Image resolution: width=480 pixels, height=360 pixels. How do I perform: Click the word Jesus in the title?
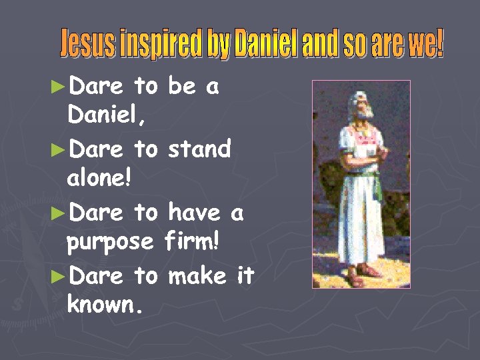(83, 45)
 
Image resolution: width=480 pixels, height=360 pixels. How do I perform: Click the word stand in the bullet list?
(199, 149)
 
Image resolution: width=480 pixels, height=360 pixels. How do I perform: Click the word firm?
(193, 243)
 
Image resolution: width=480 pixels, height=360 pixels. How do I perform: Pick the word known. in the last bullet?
(104, 307)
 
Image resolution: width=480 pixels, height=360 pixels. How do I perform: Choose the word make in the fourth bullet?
(197, 275)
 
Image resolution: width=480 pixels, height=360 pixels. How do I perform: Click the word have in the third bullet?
(193, 213)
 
